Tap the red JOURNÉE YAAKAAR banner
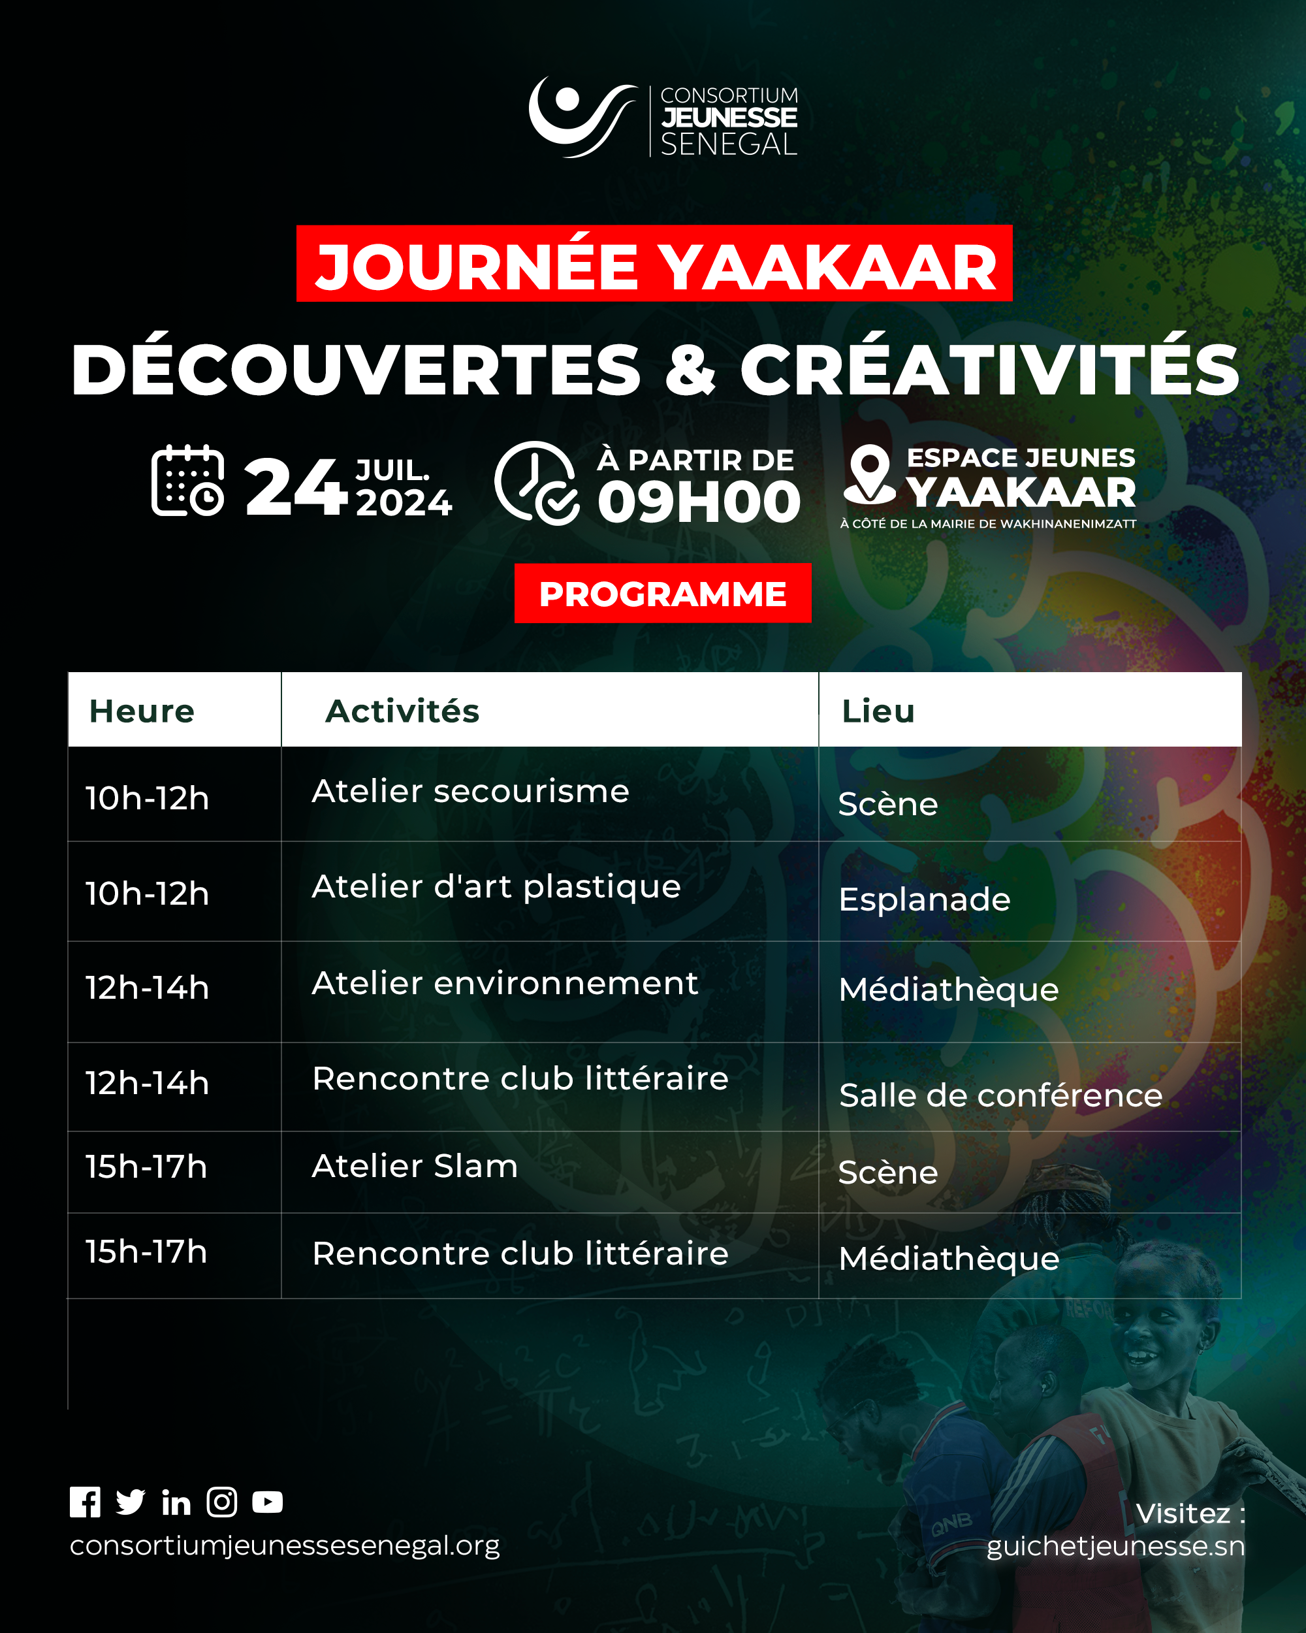coord(654,264)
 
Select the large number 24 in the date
coord(296,487)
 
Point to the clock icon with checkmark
coord(537,483)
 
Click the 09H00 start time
coord(699,502)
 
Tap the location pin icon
coord(870,474)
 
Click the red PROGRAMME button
coord(662,593)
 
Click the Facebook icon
coord(85,1502)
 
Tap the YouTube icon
coord(267,1502)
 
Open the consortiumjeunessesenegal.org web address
coord(285,1545)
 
